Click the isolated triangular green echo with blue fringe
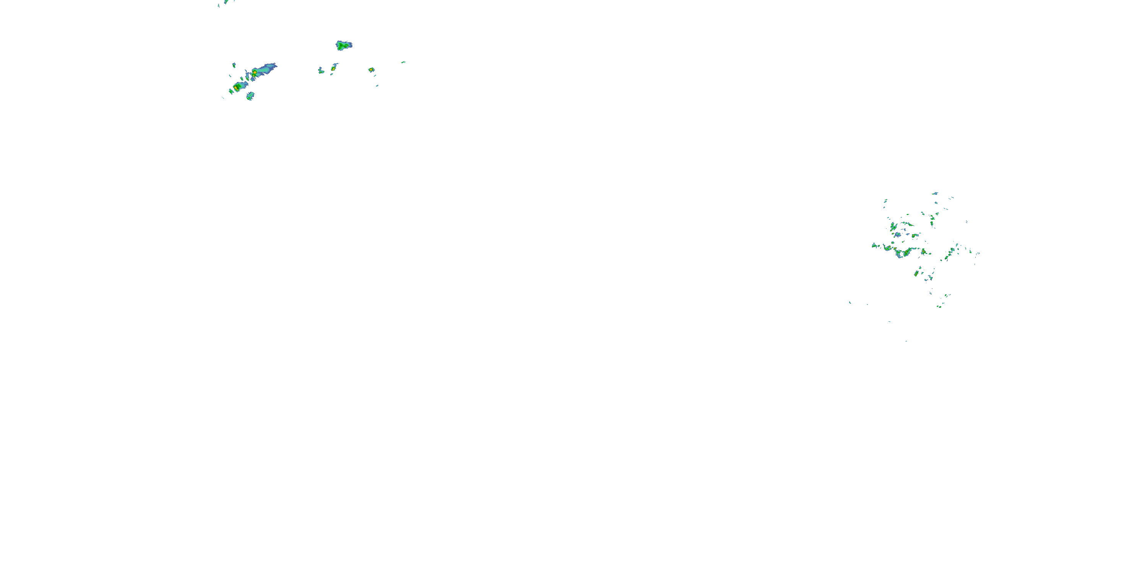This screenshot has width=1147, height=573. coord(343,45)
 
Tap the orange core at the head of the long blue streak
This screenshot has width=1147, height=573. coord(255,72)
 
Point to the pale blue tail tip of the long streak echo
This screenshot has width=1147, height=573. coord(275,65)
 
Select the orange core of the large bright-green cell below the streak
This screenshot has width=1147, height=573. coord(236,87)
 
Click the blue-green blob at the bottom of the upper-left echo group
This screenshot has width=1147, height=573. coord(250,95)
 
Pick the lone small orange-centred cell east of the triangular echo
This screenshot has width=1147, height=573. coord(371,70)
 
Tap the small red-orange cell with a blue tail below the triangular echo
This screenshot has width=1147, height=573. coord(333,68)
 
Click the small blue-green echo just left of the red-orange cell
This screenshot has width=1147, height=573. coord(321,70)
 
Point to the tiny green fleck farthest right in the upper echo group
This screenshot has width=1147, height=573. coord(403,62)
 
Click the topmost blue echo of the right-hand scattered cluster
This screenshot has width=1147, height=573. coord(934,194)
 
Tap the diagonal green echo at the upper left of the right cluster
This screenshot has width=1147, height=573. coord(894,227)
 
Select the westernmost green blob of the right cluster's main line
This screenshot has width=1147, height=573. coord(874,245)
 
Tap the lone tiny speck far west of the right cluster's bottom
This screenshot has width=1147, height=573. coord(850,303)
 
